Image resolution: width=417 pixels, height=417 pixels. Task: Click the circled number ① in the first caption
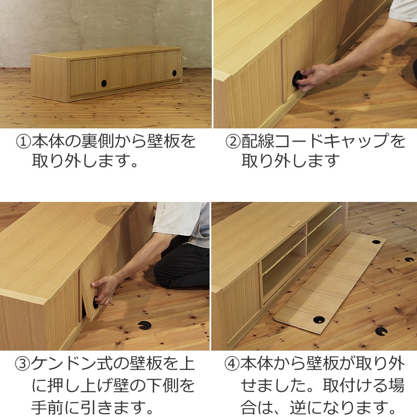(24, 142)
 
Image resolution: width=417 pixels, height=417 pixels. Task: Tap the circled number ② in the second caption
(233, 142)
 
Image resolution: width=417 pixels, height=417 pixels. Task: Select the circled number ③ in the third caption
(22, 364)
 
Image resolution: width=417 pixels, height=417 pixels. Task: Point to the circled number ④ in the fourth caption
(232, 364)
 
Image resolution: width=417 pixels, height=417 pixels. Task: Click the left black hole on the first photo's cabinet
(104, 83)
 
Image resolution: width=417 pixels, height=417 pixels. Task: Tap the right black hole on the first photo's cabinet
(174, 73)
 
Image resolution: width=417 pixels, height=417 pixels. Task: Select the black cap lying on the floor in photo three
(145, 325)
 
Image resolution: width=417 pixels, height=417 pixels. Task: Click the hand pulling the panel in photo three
(105, 289)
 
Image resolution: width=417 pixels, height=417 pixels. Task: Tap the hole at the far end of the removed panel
(376, 242)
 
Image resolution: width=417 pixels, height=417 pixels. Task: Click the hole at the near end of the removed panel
(319, 319)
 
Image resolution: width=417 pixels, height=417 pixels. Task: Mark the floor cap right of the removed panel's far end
(409, 260)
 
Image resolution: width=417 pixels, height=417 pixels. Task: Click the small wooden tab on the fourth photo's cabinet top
(295, 223)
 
